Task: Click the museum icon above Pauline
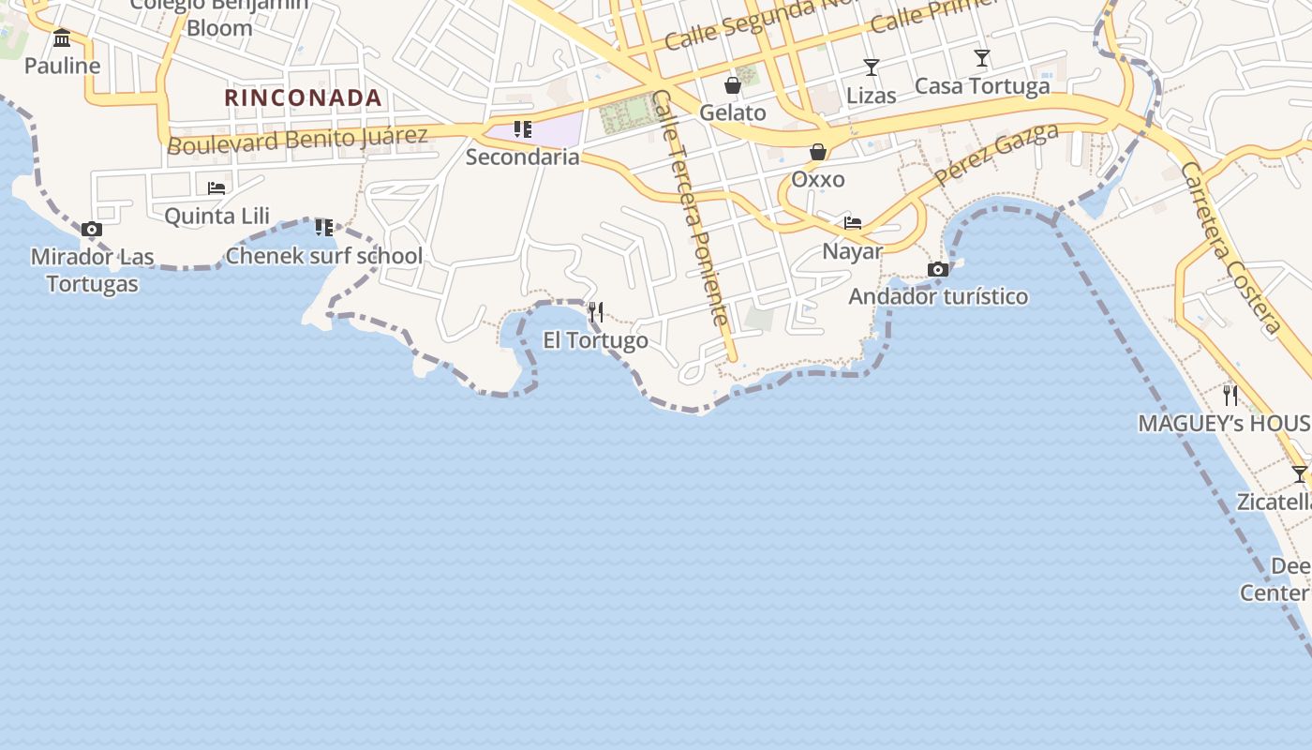(62, 38)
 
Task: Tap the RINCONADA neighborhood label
(303, 97)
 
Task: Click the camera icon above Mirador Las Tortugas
(92, 230)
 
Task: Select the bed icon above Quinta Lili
(216, 187)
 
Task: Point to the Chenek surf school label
(324, 255)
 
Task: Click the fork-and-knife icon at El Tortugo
(596, 311)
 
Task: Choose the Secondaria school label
(523, 157)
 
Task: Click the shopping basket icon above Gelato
(733, 85)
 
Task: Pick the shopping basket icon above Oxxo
(818, 152)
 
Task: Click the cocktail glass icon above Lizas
(872, 67)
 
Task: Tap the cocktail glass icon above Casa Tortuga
(982, 58)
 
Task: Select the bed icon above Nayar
(853, 223)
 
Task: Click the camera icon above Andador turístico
(938, 270)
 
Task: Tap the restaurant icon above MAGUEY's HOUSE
(1230, 396)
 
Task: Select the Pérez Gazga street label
(996, 155)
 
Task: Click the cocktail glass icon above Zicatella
(1299, 474)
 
